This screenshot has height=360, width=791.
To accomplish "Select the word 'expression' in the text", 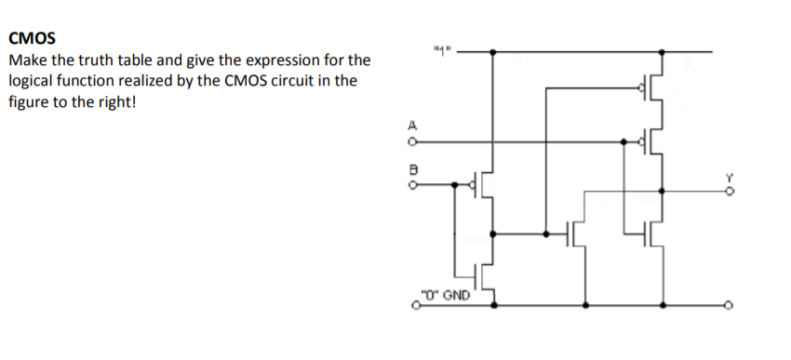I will tap(275, 60).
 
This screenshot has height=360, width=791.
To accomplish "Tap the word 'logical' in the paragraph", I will tap(32, 81).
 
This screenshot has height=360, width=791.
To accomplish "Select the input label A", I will tap(411, 126).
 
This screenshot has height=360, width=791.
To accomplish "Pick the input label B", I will tap(411, 170).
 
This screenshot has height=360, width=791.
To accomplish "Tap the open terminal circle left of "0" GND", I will tap(415, 304).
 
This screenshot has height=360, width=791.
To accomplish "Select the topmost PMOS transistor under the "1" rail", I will tap(654, 89).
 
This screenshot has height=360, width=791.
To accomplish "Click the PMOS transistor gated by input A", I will tap(654, 141).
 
